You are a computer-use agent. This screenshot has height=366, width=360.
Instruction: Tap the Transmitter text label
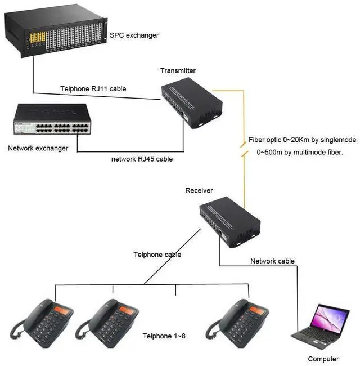[178, 70]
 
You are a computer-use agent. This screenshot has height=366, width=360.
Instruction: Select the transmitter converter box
[191, 101]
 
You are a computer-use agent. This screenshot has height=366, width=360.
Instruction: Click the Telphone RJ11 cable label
[93, 89]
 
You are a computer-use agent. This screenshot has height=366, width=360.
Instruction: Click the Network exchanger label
[38, 149]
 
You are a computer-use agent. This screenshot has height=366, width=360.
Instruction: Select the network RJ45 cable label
[142, 159]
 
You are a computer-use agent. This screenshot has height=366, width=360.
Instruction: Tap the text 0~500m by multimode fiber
[300, 152]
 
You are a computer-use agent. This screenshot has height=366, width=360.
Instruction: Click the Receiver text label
[199, 191]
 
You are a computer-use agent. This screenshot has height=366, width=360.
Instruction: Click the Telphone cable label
[157, 255]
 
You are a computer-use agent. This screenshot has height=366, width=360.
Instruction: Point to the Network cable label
[272, 261]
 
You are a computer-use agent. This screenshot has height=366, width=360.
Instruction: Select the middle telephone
[107, 322]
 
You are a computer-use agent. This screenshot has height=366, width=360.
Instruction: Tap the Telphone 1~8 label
[164, 336]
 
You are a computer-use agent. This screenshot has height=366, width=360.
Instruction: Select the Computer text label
[323, 359]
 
